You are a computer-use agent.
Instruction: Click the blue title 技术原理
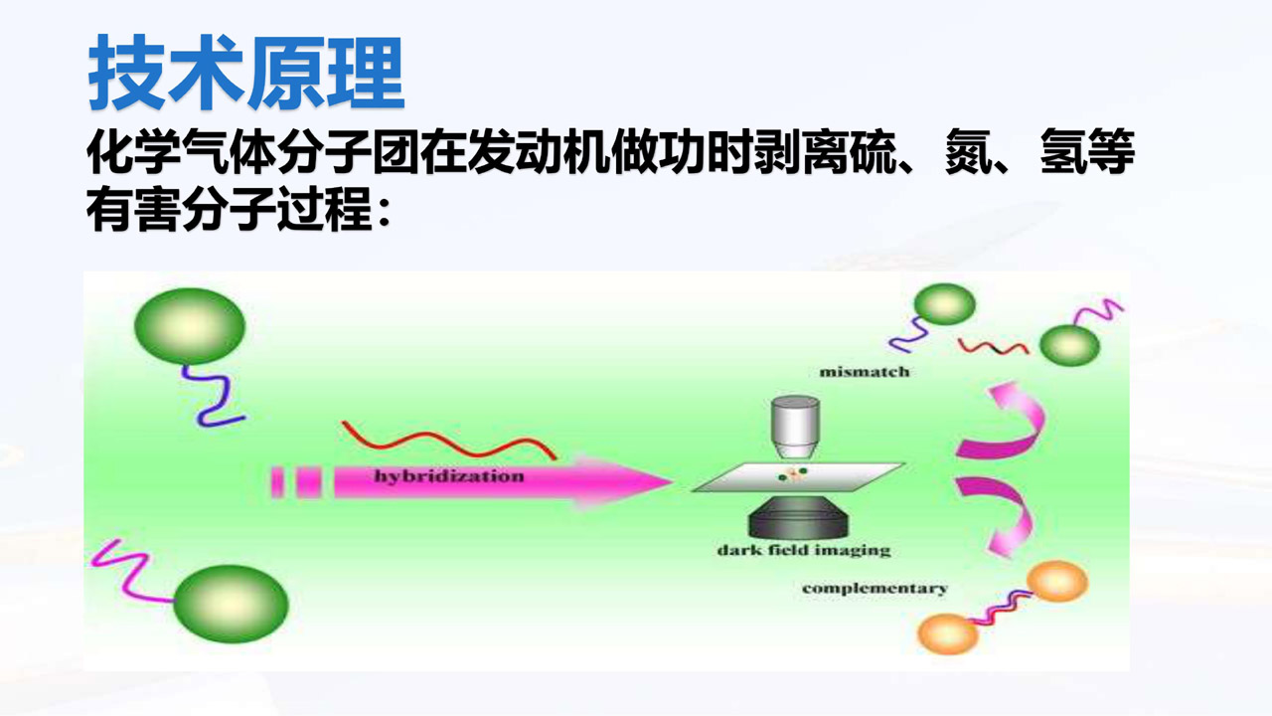point(245,73)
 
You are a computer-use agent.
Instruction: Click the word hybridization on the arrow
point(448,476)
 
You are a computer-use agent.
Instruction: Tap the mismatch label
point(865,372)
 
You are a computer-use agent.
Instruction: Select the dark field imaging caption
point(804,550)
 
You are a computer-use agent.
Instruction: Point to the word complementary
point(874,589)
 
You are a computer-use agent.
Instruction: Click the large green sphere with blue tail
point(190,326)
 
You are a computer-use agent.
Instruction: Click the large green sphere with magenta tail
point(231,604)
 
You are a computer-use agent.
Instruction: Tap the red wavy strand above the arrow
point(448,441)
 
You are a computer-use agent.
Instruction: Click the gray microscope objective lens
point(795,427)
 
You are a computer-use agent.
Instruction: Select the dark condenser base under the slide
point(798,518)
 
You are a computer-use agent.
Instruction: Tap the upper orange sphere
point(1057,581)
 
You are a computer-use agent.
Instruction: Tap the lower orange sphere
point(948,633)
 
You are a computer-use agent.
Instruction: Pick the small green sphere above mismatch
point(945,304)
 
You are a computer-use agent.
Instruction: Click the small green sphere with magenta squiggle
point(1070,345)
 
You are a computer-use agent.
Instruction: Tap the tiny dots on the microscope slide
point(793,474)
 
